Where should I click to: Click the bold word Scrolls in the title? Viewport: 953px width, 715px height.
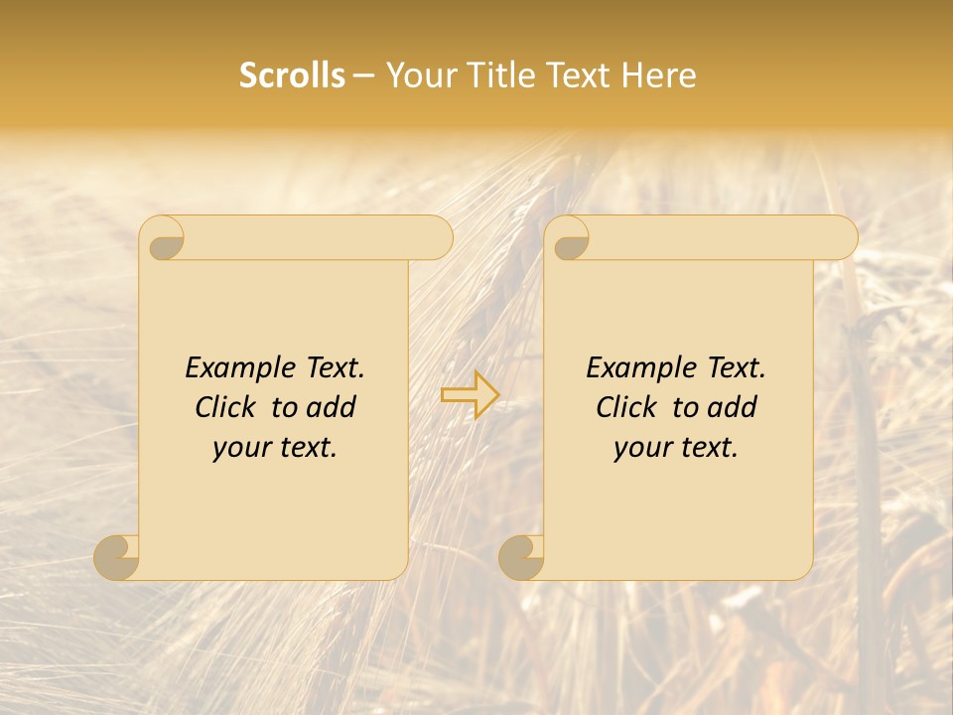292,75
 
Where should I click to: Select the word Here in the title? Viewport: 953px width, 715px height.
660,75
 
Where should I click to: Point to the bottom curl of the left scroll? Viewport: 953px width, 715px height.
117,557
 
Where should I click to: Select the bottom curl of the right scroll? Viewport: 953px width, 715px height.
522,557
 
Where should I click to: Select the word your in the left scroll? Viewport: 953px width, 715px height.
241,448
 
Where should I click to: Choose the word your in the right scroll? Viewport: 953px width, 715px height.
642,448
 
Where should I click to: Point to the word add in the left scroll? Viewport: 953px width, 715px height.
333,407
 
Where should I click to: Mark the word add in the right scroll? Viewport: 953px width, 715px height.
734,407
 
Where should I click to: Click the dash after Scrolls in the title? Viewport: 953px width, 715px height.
364,76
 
